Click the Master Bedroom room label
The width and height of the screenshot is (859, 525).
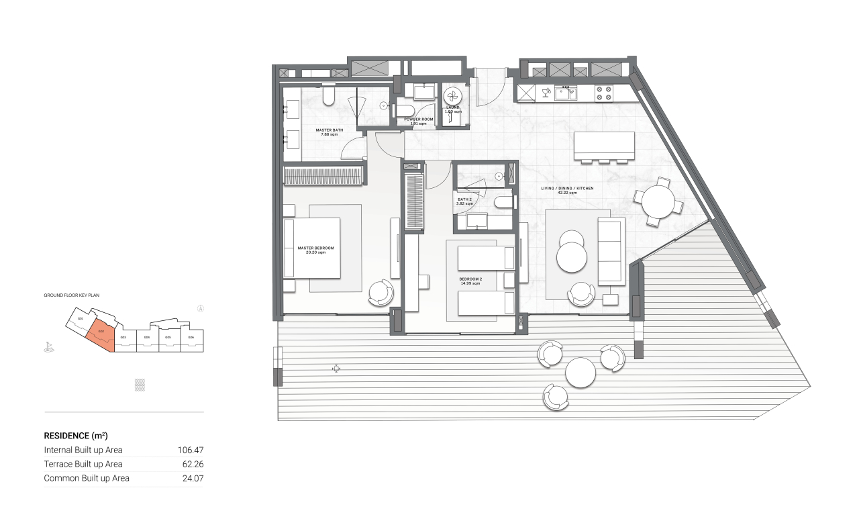315,250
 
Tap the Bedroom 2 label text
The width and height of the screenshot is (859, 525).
470,281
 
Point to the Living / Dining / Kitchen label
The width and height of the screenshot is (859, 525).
568,190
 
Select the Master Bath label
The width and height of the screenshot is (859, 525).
329,132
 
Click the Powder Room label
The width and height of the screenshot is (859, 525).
419,122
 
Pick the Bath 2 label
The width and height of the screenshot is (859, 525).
466,201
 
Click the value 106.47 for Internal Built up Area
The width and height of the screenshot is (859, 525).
190,450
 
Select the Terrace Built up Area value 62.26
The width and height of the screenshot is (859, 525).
191,464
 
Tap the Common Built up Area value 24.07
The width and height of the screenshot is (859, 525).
191,479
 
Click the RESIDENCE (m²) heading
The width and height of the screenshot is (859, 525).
76,436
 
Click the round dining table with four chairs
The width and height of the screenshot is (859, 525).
658,201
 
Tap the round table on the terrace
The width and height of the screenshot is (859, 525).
580,372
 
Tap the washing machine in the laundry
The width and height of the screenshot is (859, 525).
452,95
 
